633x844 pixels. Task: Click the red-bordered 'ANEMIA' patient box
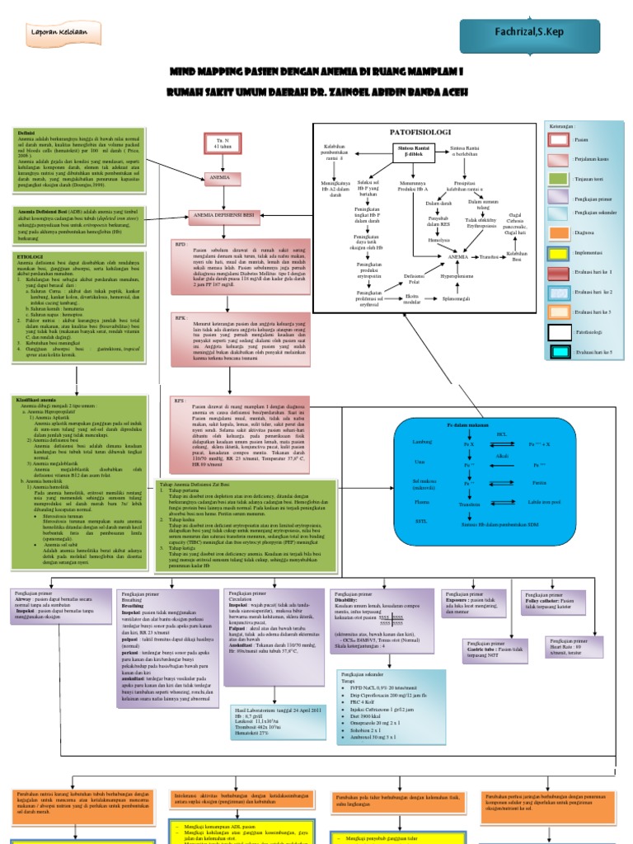pyautogui.click(x=219, y=177)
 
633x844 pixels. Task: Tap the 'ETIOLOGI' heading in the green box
pyautogui.click(x=31, y=256)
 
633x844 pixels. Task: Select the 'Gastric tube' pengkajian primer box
pyautogui.click(x=498, y=652)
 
